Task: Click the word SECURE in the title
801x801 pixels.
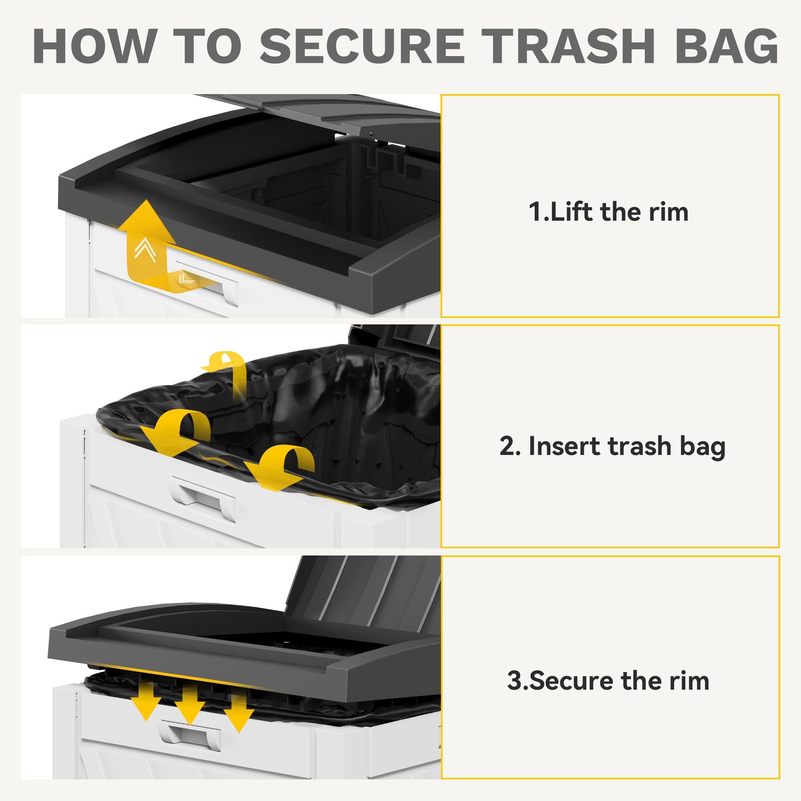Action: (x=362, y=46)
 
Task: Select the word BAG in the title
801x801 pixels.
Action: (x=727, y=46)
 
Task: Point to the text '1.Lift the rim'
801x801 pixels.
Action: (x=608, y=212)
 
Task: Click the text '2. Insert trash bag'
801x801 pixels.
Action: (x=612, y=447)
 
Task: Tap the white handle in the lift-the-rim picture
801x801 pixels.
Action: (x=207, y=282)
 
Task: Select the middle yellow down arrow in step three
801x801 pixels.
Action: (x=189, y=705)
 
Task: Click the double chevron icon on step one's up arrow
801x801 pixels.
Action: (x=145, y=250)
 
